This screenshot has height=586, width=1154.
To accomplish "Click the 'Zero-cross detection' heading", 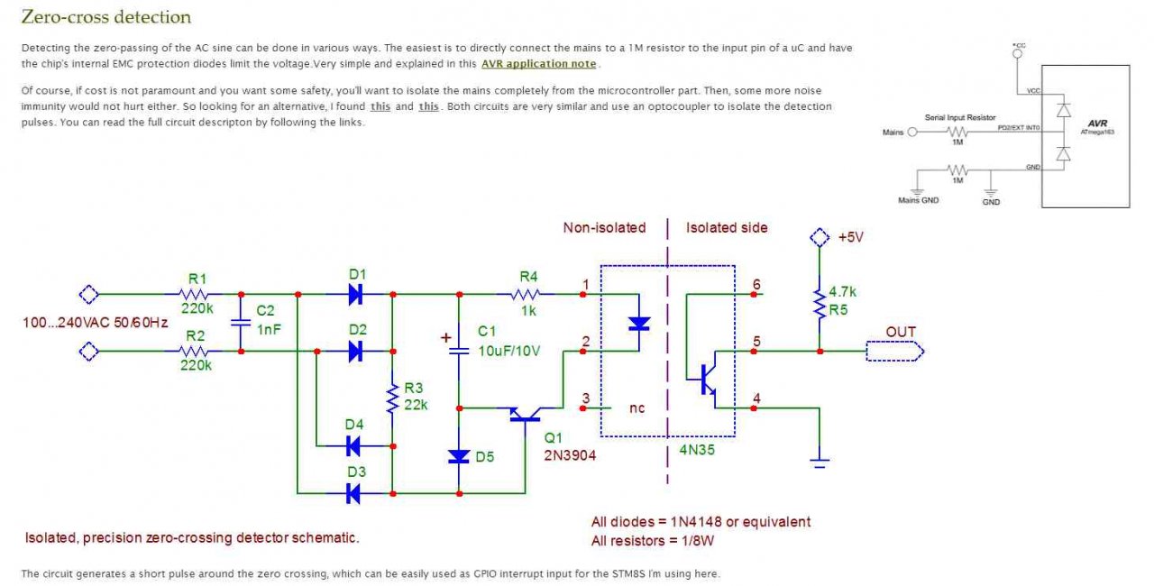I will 105,17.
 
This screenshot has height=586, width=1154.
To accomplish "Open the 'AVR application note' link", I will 538,64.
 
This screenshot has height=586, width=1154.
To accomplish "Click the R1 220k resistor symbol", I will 195,294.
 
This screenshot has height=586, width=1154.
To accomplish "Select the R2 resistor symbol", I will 195,352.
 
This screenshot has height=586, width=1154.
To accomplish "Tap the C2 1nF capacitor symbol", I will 241,323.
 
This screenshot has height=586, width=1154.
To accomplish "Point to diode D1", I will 355,294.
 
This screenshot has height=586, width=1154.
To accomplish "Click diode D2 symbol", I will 355,352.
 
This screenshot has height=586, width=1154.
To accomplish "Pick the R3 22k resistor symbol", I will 392,398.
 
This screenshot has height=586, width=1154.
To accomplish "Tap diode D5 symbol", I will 459,456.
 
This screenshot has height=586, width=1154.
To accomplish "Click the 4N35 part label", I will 696,448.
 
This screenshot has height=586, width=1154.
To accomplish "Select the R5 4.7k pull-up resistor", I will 820,302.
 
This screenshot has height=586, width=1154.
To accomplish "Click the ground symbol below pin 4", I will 820,462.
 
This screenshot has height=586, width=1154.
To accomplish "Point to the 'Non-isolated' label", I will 604,228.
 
